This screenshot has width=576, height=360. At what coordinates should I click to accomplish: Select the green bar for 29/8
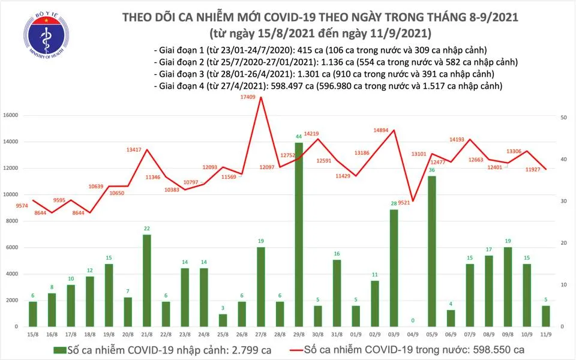pyautogui.click(x=298, y=234)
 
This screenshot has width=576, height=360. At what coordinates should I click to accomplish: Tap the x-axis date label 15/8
pyautogui.click(x=34, y=334)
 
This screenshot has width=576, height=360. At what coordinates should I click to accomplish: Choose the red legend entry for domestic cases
pyautogui.click(x=408, y=349)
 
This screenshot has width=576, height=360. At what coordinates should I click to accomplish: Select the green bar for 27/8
pyautogui.click(x=260, y=287)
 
